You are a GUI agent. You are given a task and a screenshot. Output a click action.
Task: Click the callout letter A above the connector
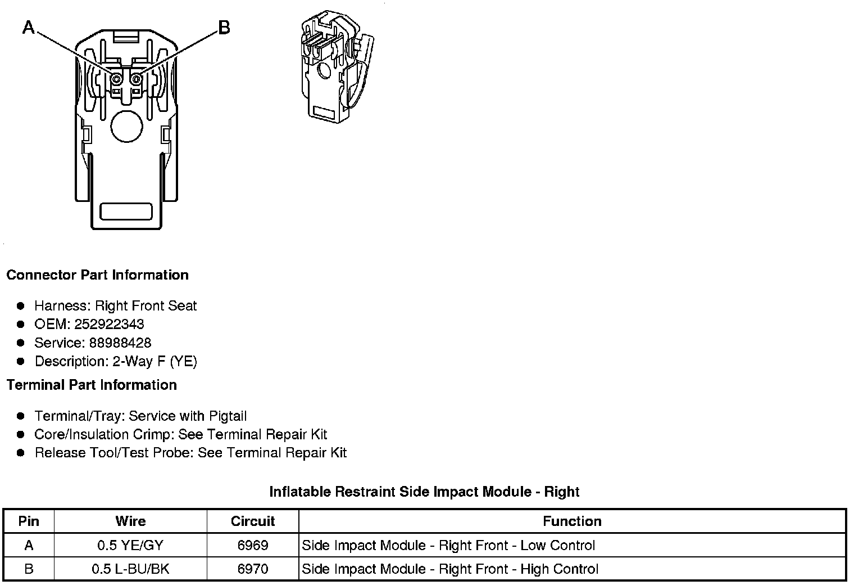coord(29,26)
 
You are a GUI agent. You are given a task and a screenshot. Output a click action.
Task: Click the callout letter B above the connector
coord(224,27)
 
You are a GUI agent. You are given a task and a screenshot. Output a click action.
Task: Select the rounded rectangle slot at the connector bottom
coord(126,211)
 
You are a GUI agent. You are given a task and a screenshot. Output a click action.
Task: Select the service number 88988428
coord(120,343)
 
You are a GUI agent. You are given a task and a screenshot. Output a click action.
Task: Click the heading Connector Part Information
coord(97,275)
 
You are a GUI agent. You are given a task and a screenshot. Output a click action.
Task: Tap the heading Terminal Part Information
coord(92,385)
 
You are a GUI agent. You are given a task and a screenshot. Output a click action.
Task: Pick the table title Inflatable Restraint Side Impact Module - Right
coord(424,492)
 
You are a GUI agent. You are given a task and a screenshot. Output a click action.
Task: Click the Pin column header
coord(29,521)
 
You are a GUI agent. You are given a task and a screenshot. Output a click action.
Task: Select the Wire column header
coord(130,521)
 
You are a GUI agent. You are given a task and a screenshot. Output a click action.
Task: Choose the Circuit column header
coord(253,521)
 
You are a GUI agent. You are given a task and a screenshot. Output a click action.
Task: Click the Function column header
coord(572,521)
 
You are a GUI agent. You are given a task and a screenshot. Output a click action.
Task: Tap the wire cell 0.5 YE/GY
coord(130,545)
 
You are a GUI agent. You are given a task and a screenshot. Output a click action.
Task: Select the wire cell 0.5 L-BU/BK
coord(130,569)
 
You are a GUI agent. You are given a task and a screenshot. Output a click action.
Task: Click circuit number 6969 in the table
coord(253,545)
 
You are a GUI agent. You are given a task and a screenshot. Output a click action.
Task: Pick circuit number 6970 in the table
coord(253,569)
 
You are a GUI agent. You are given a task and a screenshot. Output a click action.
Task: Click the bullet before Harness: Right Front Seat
coord(21,306)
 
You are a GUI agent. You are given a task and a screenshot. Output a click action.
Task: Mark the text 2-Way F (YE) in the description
coord(155,361)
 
